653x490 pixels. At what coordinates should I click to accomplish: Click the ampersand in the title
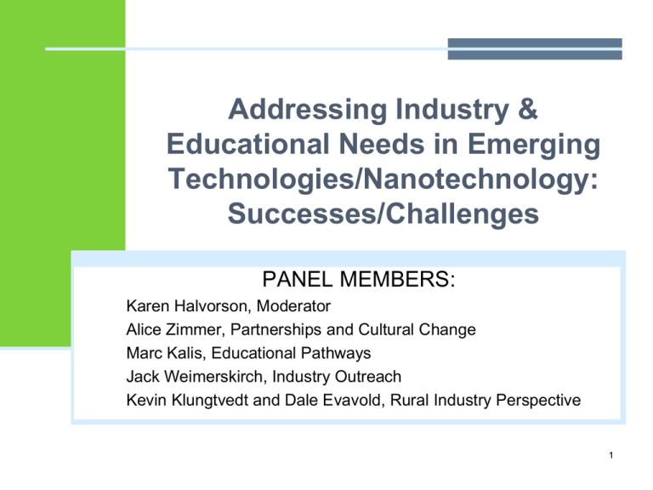[x=528, y=109]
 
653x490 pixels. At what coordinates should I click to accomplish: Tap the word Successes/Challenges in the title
[x=383, y=214]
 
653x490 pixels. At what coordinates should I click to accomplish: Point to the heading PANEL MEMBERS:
[x=359, y=279]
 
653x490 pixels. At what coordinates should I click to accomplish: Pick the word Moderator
[x=293, y=306]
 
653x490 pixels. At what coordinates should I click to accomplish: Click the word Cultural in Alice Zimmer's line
[x=386, y=329]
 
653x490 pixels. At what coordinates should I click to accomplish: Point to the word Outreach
[x=367, y=377]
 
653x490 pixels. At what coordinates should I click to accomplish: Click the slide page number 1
[x=611, y=455]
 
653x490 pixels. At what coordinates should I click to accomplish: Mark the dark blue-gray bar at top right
[x=535, y=48]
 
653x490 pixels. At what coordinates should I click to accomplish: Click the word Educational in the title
[x=248, y=144]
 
